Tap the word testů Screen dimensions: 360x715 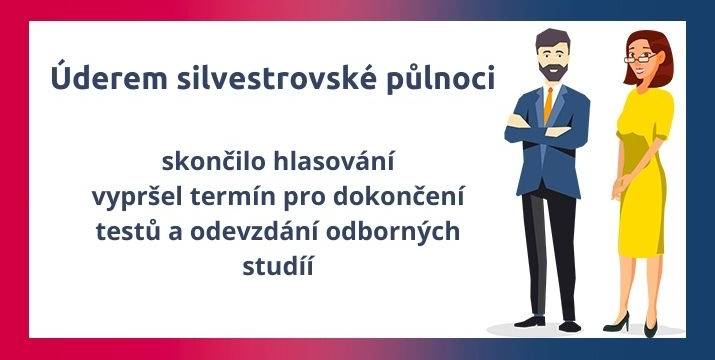coord(151,232)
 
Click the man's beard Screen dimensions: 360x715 coord(551,72)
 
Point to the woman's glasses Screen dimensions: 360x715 coord(638,56)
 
